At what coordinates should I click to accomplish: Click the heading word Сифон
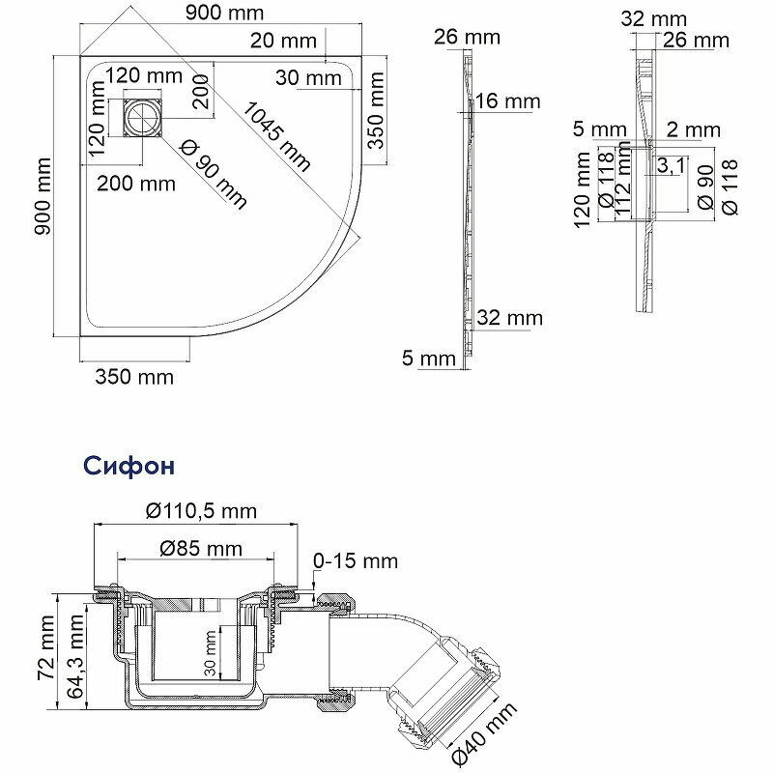click(128, 467)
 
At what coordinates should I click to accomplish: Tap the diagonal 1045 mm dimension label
click(278, 134)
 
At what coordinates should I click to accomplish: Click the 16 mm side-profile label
click(508, 101)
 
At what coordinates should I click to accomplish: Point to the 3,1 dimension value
click(670, 166)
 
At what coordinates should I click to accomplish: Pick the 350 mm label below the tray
click(134, 377)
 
